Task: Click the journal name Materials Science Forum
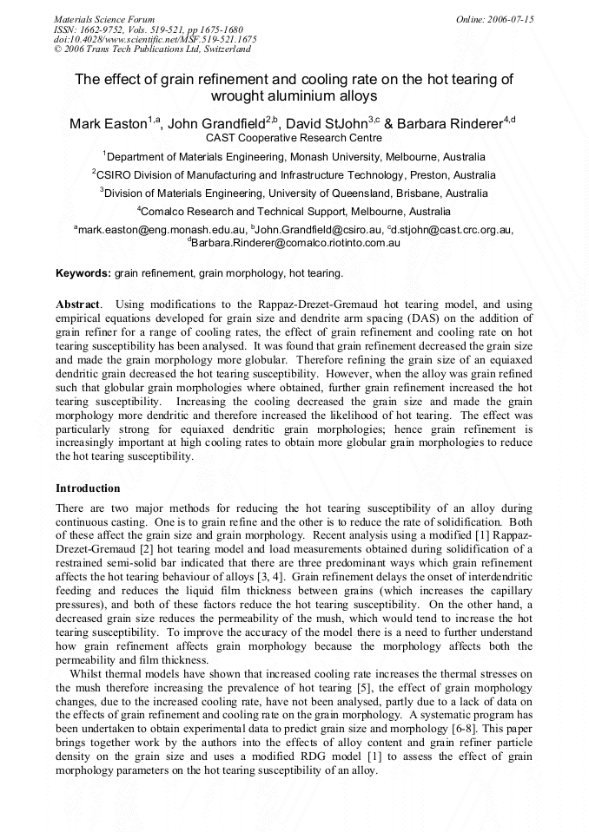(104, 18)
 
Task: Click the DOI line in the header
(155, 39)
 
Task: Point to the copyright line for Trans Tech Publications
(152, 49)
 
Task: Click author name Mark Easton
(108, 124)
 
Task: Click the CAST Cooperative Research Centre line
(294, 138)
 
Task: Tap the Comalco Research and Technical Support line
(294, 212)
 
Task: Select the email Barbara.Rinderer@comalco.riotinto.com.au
(294, 243)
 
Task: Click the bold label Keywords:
(83, 272)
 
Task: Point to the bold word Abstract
(77, 305)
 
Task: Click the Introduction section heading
(88, 488)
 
